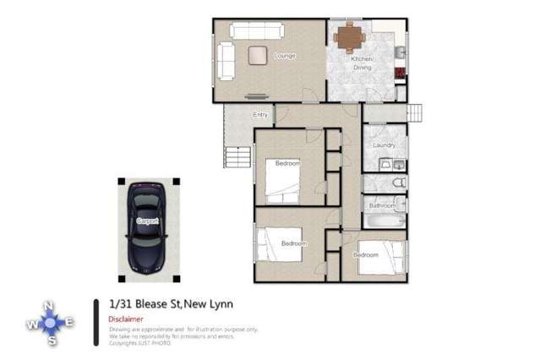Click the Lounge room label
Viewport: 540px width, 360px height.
(x=284, y=57)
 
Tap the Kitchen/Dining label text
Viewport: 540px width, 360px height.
(x=362, y=63)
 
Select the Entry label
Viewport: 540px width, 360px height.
(x=259, y=115)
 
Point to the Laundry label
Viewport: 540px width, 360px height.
(x=385, y=145)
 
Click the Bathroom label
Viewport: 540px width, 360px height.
(x=382, y=205)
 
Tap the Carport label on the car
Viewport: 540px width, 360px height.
(x=147, y=221)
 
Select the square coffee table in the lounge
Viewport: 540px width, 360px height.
(x=257, y=56)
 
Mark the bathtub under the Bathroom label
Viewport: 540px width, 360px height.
(x=385, y=222)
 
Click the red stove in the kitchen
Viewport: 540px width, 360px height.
(x=401, y=74)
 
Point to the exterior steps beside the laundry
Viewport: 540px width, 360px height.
(x=415, y=112)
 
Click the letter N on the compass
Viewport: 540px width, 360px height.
(x=51, y=306)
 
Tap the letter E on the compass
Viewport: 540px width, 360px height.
(x=69, y=323)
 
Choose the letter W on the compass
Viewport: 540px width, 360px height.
(x=31, y=323)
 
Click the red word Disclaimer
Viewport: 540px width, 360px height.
(x=126, y=319)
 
